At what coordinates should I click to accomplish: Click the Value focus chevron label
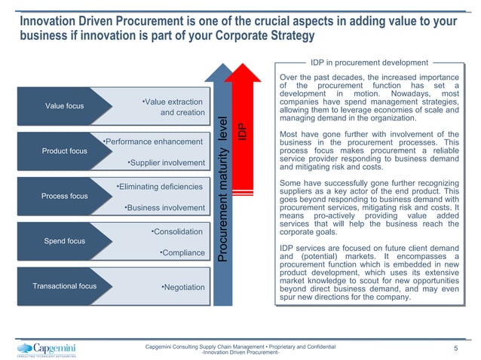click(64, 106)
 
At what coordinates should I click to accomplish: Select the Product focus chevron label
click(64, 151)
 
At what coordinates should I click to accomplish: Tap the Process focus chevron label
click(64, 197)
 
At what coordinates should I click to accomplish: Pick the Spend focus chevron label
click(64, 242)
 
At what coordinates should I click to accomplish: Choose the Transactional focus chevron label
click(64, 286)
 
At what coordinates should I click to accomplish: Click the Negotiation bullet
click(183, 287)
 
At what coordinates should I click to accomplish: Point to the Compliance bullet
click(182, 252)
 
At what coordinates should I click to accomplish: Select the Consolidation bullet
click(176, 231)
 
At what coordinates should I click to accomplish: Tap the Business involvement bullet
click(164, 207)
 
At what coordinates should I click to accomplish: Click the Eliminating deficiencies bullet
click(159, 186)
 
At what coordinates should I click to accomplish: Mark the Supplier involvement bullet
click(166, 162)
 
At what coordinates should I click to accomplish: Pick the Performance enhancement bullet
click(152, 141)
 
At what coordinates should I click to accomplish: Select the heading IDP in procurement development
click(369, 63)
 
